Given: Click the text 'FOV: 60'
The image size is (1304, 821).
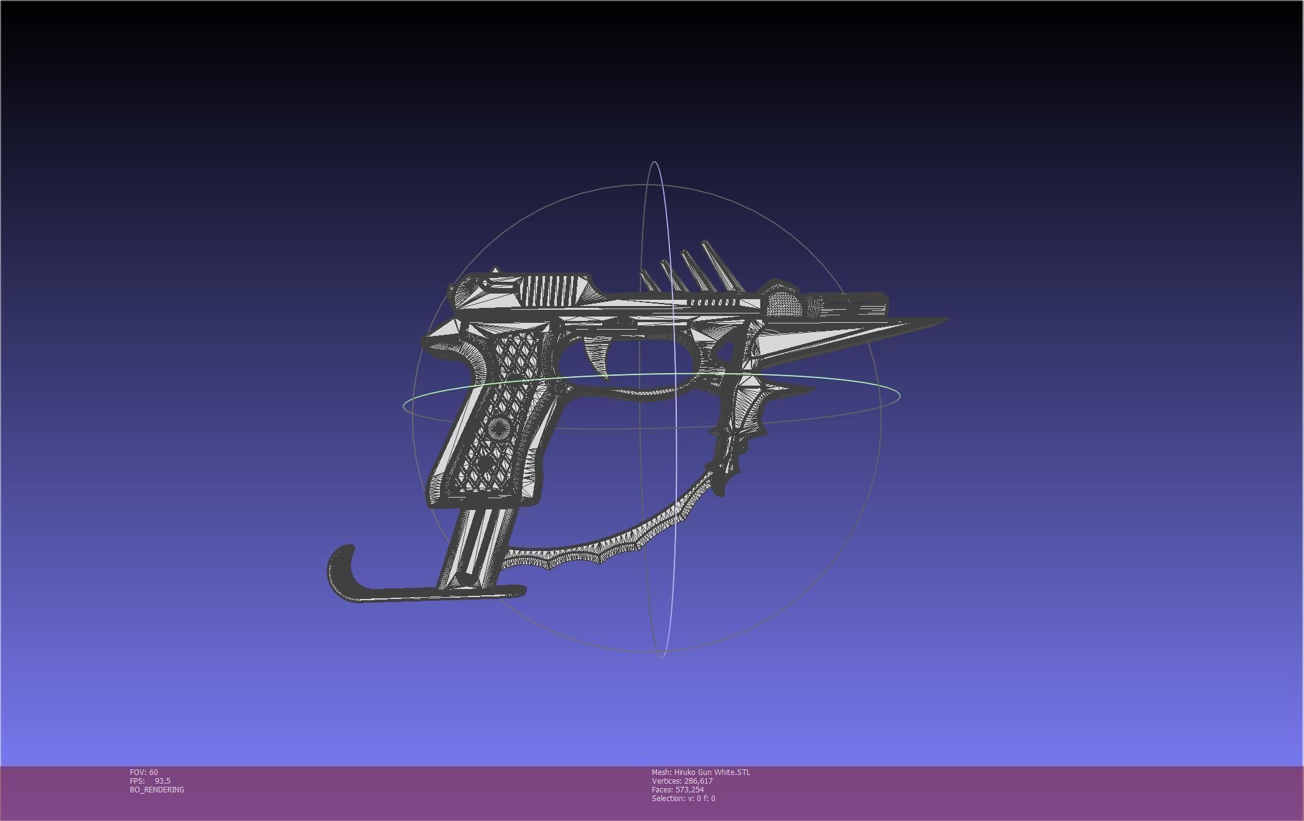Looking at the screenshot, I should [144, 772].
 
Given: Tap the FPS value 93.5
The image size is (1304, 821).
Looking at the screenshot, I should [162, 781].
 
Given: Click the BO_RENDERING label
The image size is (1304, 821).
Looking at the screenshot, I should [157, 790].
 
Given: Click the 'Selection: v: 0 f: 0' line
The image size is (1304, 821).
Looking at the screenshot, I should [683, 799].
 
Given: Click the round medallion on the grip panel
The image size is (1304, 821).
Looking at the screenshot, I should [496, 429].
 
